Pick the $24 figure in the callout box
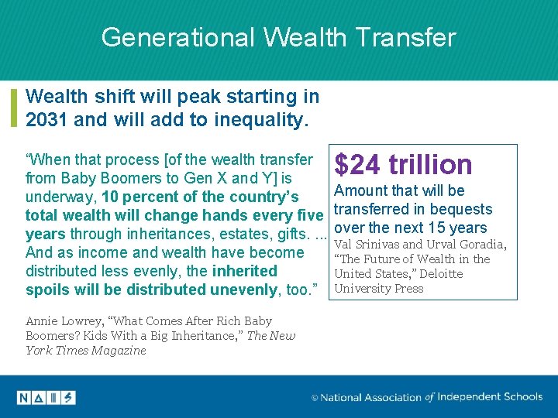(358, 164)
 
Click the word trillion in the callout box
(431, 164)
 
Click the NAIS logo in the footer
(46, 397)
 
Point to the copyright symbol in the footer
(314, 398)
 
